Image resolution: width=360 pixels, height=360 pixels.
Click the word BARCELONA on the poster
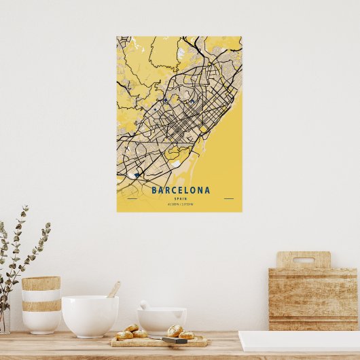[x=181, y=190]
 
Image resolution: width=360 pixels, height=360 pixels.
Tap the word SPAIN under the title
[x=181, y=198]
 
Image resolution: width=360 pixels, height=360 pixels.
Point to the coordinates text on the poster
[x=181, y=204]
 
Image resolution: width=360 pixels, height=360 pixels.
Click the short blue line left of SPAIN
[x=132, y=198]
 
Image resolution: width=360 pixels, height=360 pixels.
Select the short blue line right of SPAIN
[x=228, y=198]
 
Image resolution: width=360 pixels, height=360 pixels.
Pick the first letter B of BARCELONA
[x=154, y=190]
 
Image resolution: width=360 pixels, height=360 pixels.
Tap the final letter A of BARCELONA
[x=208, y=190]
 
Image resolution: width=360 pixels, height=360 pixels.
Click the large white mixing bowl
[x=90, y=315]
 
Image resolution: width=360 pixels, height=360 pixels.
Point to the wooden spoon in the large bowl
[x=113, y=290]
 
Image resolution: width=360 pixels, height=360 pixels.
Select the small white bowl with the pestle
[x=162, y=320]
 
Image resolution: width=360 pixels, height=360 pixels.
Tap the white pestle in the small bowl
[x=145, y=306]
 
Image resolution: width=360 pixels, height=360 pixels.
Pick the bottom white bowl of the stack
[x=41, y=321]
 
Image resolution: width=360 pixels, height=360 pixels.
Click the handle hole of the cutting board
[x=303, y=259]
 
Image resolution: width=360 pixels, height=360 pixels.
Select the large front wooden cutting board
[x=313, y=299]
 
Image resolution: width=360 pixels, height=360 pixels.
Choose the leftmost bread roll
[x=124, y=335]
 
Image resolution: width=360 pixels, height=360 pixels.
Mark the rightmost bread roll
[x=187, y=334]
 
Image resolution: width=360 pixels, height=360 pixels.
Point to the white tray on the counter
[x=299, y=341]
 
